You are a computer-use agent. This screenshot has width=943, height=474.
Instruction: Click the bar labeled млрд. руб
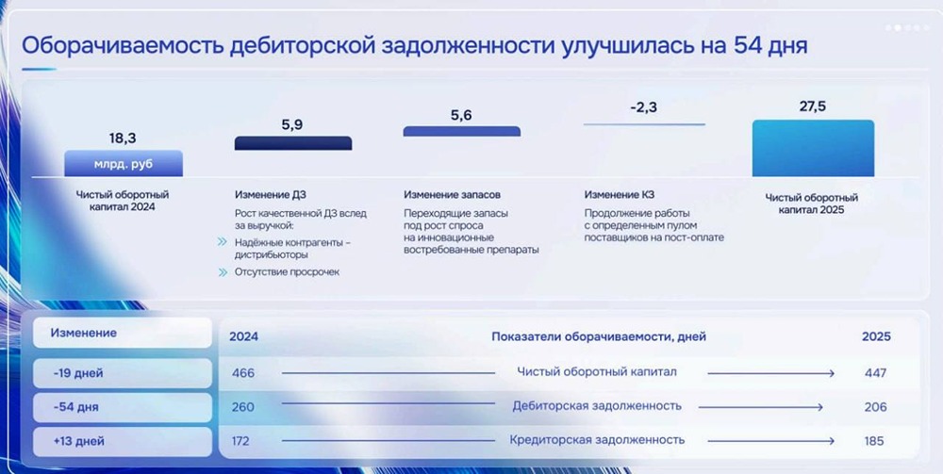tap(124, 163)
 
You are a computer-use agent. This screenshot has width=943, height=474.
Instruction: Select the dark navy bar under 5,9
tap(293, 143)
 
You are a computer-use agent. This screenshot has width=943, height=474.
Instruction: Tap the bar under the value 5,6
tap(461, 131)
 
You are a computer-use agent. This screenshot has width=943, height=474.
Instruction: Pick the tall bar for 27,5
tap(813, 148)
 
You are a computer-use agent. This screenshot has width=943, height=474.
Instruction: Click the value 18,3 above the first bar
tap(123, 139)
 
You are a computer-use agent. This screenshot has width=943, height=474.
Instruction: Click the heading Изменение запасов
tap(453, 195)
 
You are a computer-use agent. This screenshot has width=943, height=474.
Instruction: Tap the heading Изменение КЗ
tap(620, 195)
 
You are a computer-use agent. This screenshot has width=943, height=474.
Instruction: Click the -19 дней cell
tap(123, 374)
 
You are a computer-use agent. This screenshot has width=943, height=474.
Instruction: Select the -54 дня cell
tap(123, 407)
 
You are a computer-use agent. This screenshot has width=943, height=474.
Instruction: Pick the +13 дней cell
tap(123, 442)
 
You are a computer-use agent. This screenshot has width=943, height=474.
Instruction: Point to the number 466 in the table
tap(243, 373)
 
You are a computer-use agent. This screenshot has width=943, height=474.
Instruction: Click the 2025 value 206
tap(876, 407)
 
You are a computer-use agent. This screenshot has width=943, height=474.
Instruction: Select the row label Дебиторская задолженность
tap(597, 406)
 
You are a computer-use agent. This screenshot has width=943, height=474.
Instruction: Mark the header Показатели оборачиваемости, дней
tap(599, 337)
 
